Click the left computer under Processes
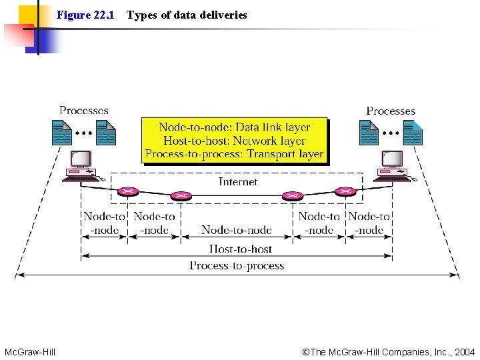[81, 166]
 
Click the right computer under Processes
[391, 166]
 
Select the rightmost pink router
[345, 192]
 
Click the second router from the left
[179, 197]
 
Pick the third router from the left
[291, 197]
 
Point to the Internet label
[238, 181]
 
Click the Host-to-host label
[241, 249]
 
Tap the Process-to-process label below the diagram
[237, 265]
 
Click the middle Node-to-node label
[237, 230]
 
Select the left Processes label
[84, 111]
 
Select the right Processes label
[391, 111]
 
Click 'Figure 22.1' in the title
[85, 15]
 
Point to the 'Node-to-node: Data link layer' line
[234, 127]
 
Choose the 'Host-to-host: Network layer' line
[234, 141]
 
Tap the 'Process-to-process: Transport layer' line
[234, 155]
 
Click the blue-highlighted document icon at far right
[412, 133]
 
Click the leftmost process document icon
[62, 132]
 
